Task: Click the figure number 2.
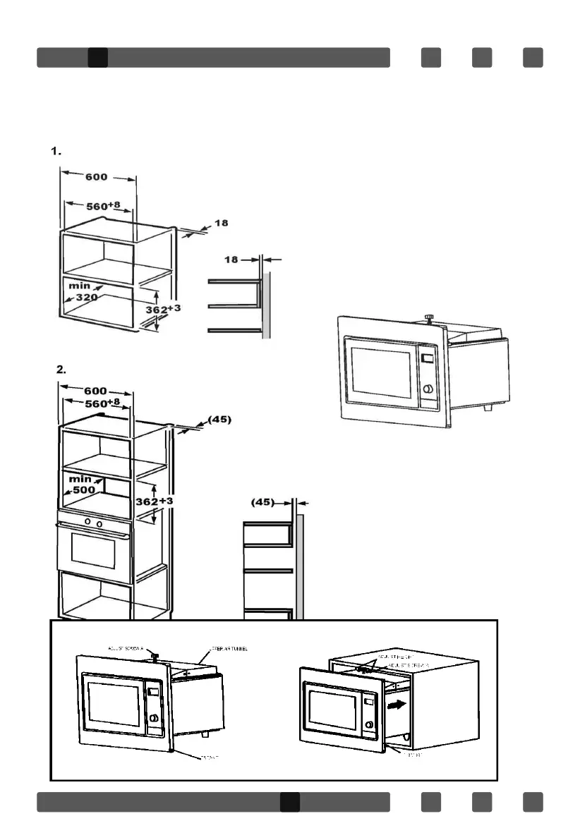[61, 369]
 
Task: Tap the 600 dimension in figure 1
[97, 177]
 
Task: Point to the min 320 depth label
[80, 293]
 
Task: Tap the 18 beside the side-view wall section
[232, 260]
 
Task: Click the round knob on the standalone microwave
[427, 390]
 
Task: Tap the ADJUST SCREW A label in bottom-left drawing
[127, 647]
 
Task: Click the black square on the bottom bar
[289, 802]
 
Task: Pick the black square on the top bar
[97, 58]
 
